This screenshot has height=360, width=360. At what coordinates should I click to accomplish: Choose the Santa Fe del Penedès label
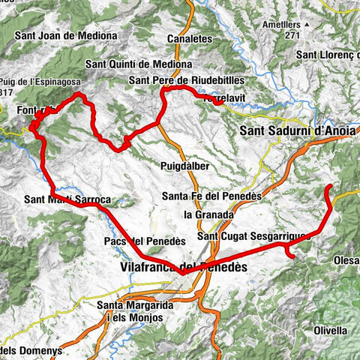pyautogui.click(x=211, y=196)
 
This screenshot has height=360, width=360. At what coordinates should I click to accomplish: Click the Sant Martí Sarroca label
pyautogui.click(x=67, y=200)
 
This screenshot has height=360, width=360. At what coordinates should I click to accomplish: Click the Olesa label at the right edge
pyautogui.click(x=344, y=260)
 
